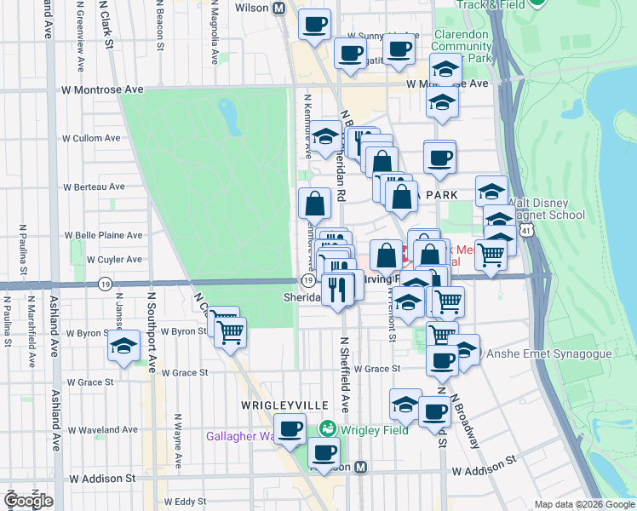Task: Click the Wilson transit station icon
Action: coord(278,8)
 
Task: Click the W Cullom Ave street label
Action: coord(93,138)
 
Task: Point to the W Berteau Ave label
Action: coord(95,187)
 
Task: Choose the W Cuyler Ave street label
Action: coord(93,260)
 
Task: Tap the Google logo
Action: coord(28,500)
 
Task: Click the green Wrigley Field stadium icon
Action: coord(325,428)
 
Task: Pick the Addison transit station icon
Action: coord(361,467)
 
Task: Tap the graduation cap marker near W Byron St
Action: coord(123,345)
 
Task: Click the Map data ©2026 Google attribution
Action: coord(584,504)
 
